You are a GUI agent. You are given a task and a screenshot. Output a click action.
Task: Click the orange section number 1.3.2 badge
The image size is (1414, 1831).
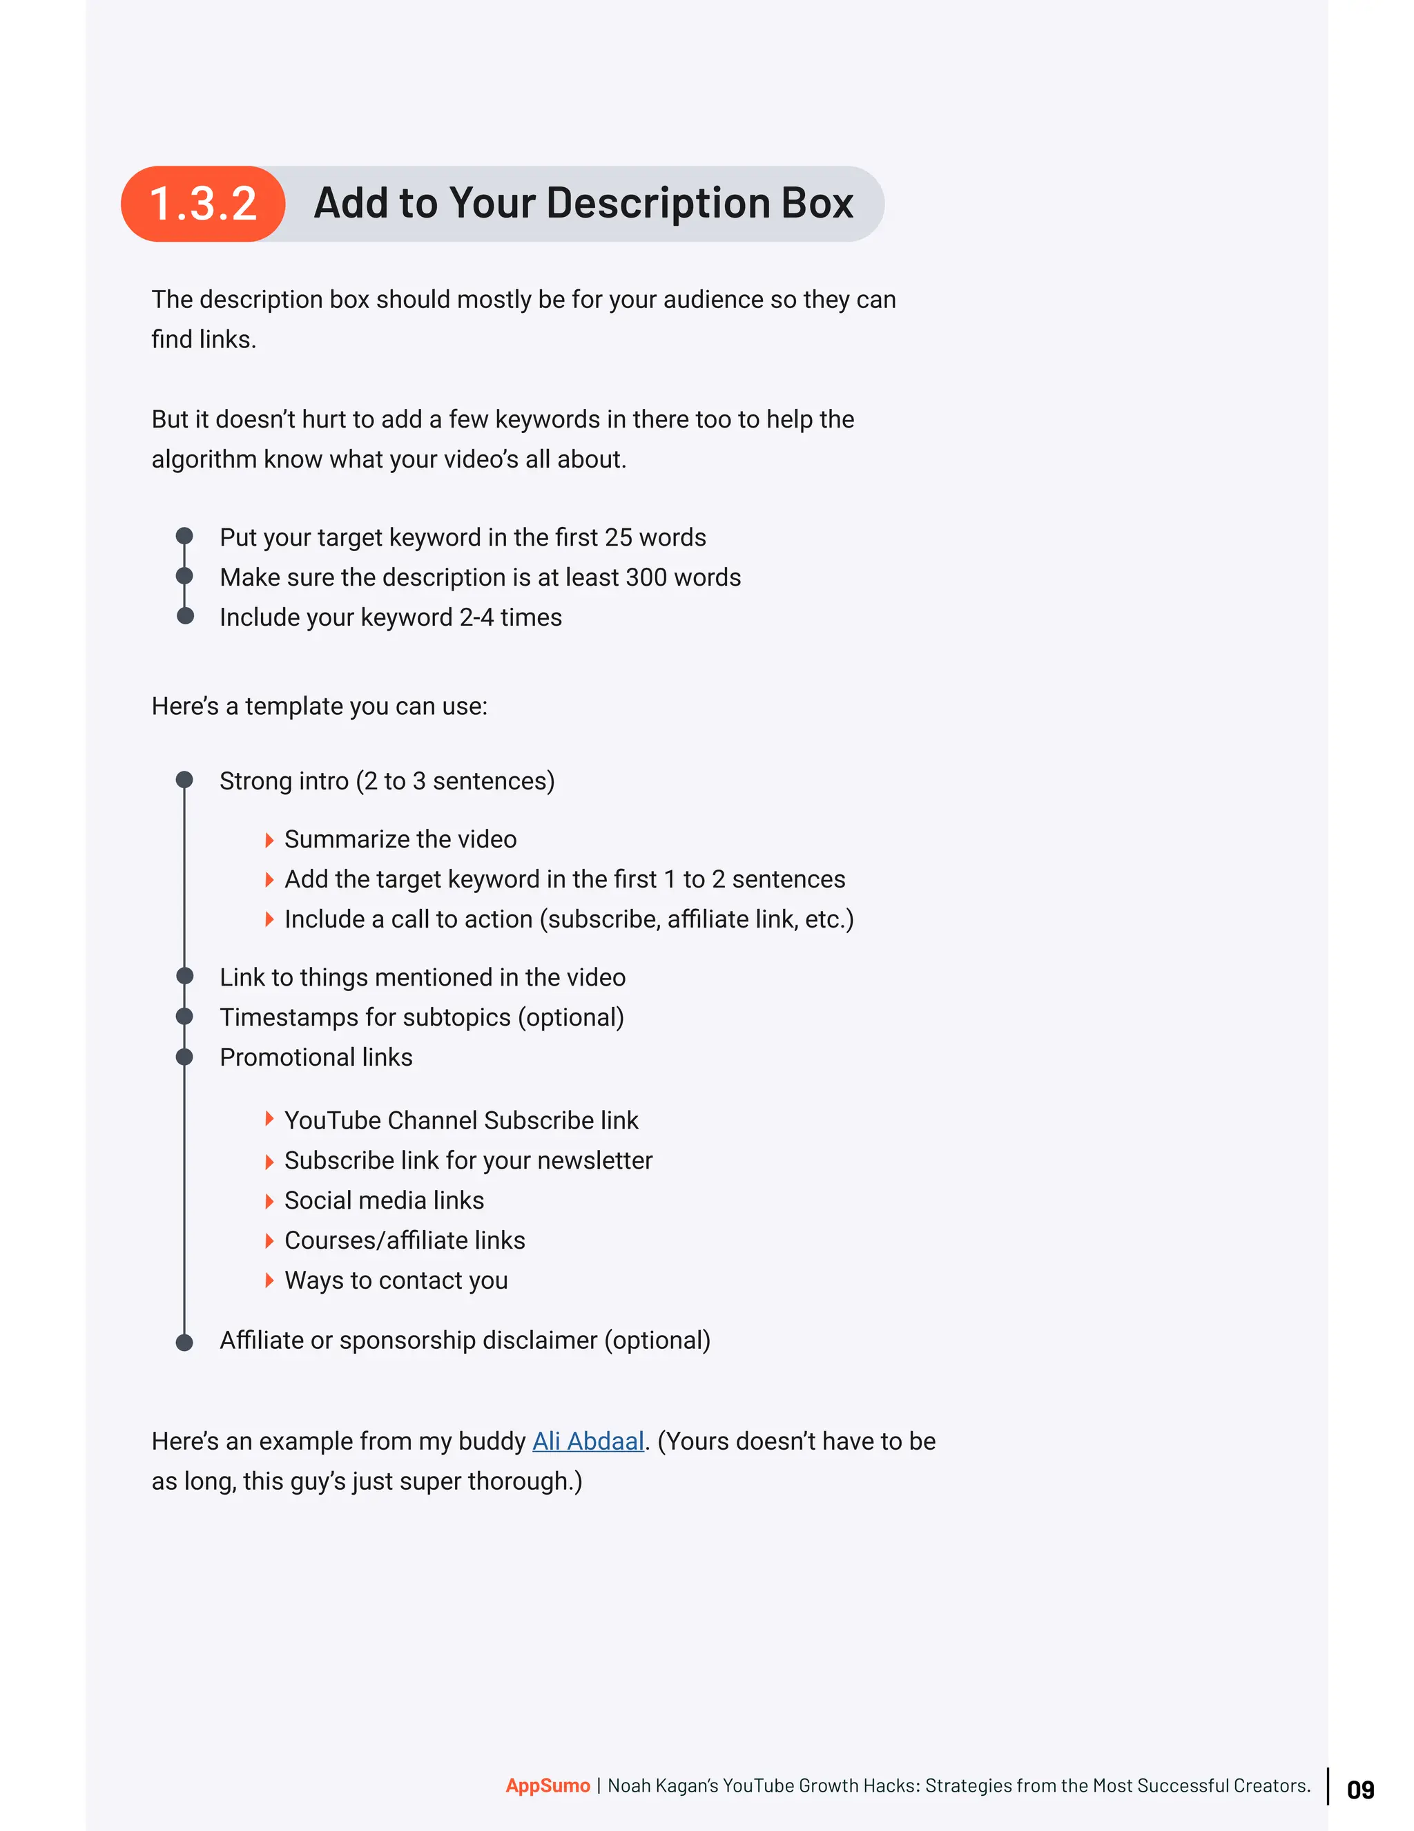click(203, 204)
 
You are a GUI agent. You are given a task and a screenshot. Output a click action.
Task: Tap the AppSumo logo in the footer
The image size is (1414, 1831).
click(548, 1785)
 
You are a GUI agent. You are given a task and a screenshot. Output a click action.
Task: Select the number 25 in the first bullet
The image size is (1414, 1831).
click(618, 537)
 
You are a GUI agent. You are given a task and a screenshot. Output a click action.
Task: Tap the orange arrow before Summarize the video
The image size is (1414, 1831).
click(269, 839)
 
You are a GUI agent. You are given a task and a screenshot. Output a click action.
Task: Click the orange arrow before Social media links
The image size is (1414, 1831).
click(269, 1200)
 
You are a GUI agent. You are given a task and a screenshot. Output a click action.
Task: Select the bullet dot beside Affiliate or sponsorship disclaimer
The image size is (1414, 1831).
click(184, 1341)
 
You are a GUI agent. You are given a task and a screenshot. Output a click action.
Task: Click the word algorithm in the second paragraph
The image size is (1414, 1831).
click(204, 459)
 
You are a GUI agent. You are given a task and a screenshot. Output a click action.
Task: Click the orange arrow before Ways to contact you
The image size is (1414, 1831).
click(269, 1281)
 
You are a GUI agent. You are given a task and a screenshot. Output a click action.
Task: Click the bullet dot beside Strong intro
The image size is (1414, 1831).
click(184, 780)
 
